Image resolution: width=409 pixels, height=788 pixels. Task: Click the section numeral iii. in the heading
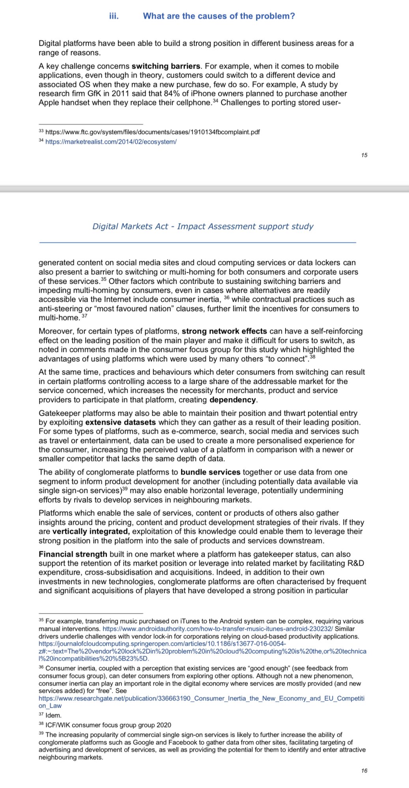coord(114,16)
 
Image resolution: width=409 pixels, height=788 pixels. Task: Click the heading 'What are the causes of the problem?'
coord(219,16)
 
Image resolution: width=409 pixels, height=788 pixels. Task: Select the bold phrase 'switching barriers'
coord(166,66)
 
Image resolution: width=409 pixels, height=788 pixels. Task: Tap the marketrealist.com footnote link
coord(111,142)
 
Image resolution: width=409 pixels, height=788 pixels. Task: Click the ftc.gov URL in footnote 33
coord(153,132)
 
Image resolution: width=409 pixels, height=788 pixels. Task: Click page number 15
coord(364,155)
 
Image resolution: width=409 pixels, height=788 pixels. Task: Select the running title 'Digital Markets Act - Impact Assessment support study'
coord(203,227)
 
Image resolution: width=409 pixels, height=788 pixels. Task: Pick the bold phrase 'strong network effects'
coord(224,331)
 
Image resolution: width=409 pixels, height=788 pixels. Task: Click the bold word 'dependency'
coord(233,400)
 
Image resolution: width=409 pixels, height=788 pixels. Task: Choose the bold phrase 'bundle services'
coord(210,472)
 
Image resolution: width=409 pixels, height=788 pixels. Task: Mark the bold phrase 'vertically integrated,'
coord(91,532)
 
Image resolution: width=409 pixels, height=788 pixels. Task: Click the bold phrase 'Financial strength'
coord(73,554)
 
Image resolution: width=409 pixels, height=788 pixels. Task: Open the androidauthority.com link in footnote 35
coord(218,629)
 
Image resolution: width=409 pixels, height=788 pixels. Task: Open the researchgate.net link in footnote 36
coord(201,698)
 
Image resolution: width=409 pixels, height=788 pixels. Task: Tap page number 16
coord(364,771)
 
